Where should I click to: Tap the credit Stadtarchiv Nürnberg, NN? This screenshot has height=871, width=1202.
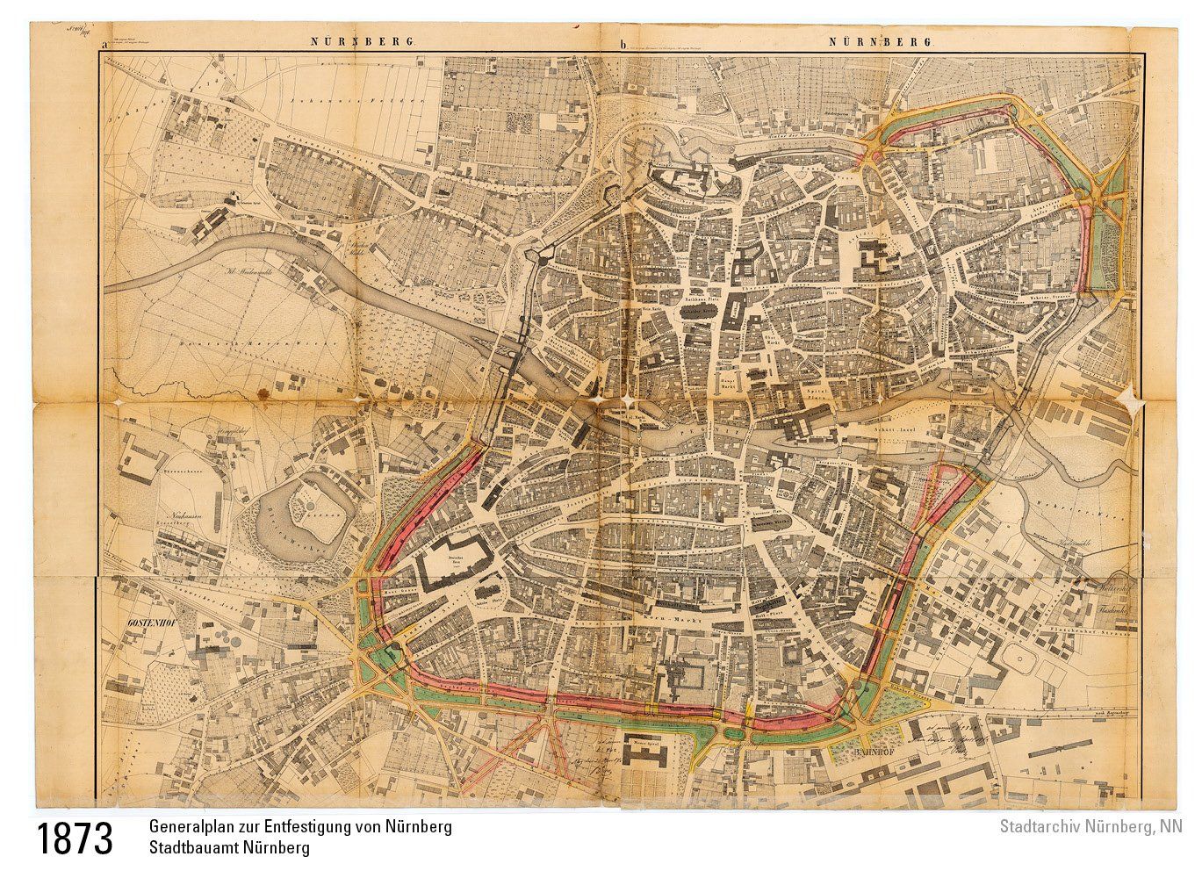[1090, 827]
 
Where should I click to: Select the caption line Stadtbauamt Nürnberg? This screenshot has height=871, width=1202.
[229, 849]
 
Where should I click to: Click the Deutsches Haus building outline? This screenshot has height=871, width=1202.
[456, 560]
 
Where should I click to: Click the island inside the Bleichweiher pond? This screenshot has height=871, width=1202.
[309, 507]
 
